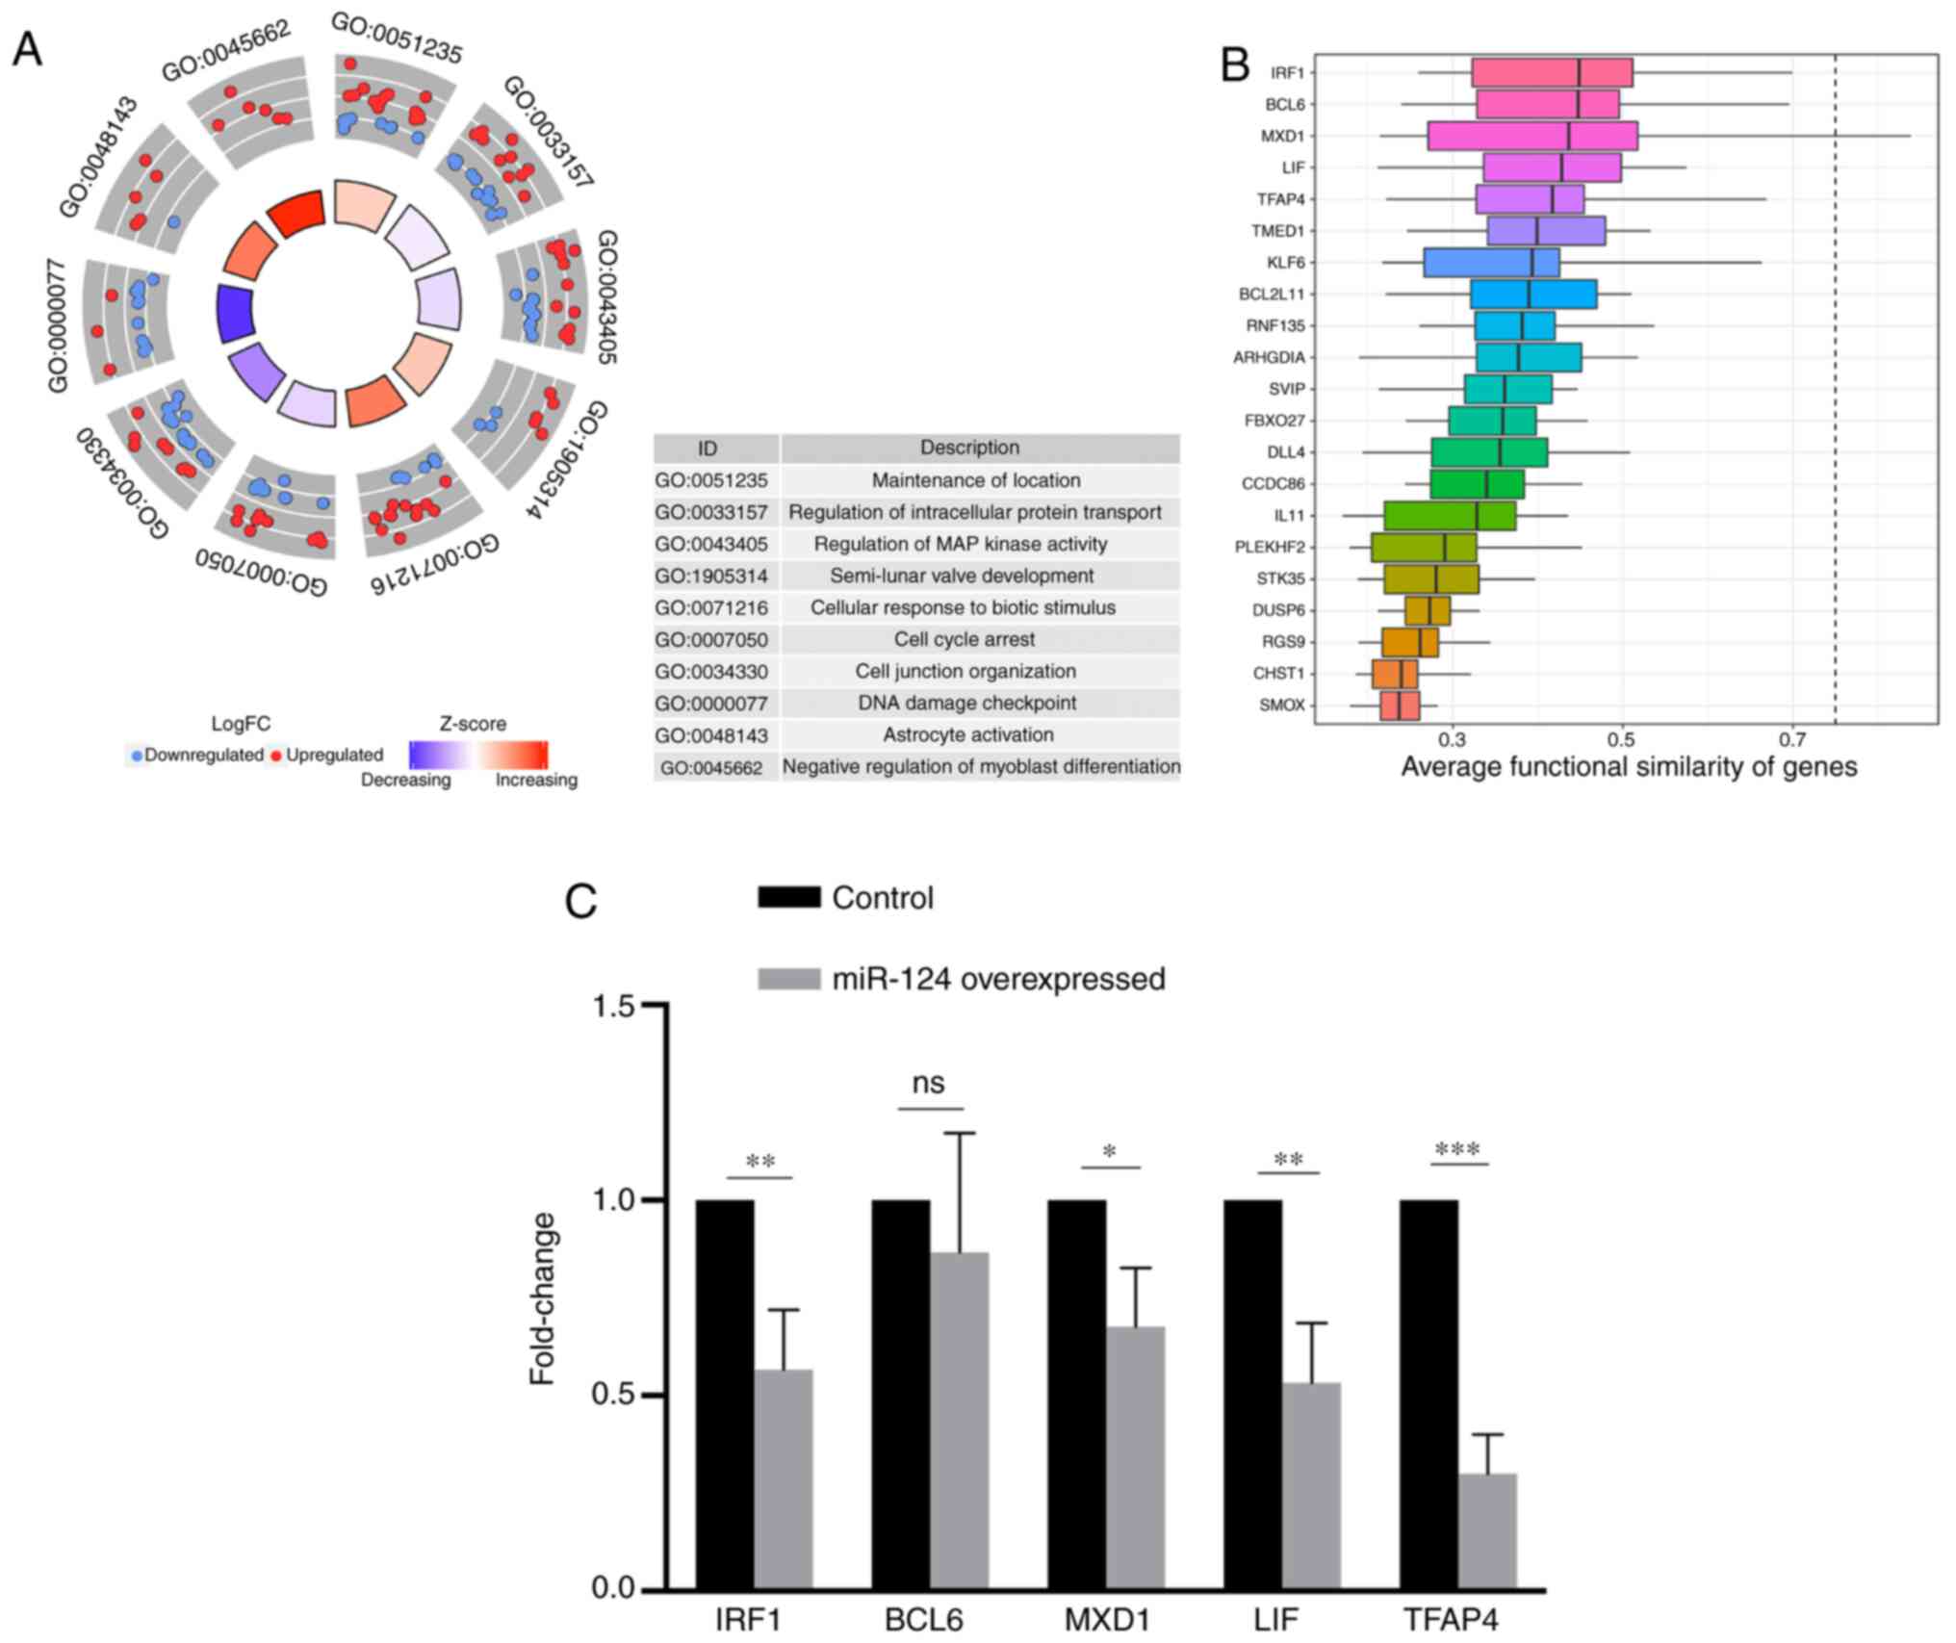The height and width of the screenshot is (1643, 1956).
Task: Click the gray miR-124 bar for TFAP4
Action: click(x=1487, y=1530)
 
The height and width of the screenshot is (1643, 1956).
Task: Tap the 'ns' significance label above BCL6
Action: click(x=929, y=1084)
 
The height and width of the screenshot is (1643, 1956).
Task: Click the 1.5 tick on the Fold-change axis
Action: click(x=615, y=1007)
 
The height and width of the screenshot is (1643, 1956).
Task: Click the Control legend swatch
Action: click(x=788, y=897)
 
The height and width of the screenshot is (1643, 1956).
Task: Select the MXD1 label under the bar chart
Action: click(x=1107, y=1620)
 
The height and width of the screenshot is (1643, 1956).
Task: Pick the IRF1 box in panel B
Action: click(x=1552, y=73)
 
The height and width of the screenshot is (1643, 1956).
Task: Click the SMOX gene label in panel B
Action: click(x=1282, y=706)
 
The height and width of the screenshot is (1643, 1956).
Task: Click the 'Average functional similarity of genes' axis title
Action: click(x=1629, y=767)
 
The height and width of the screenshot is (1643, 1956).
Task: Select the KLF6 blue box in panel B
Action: click(x=1491, y=263)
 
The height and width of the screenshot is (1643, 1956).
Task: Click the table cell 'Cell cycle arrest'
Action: click(x=965, y=639)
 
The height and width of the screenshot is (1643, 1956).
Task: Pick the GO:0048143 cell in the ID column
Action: click(x=712, y=735)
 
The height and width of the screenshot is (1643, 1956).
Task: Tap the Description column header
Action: click(x=969, y=448)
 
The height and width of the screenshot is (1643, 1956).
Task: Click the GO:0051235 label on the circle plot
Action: click(x=397, y=38)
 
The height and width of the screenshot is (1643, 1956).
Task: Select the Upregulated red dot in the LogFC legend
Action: click(x=276, y=756)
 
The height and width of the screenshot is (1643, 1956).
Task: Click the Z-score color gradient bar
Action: click(x=478, y=755)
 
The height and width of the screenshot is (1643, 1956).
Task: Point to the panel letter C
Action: click(x=581, y=902)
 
